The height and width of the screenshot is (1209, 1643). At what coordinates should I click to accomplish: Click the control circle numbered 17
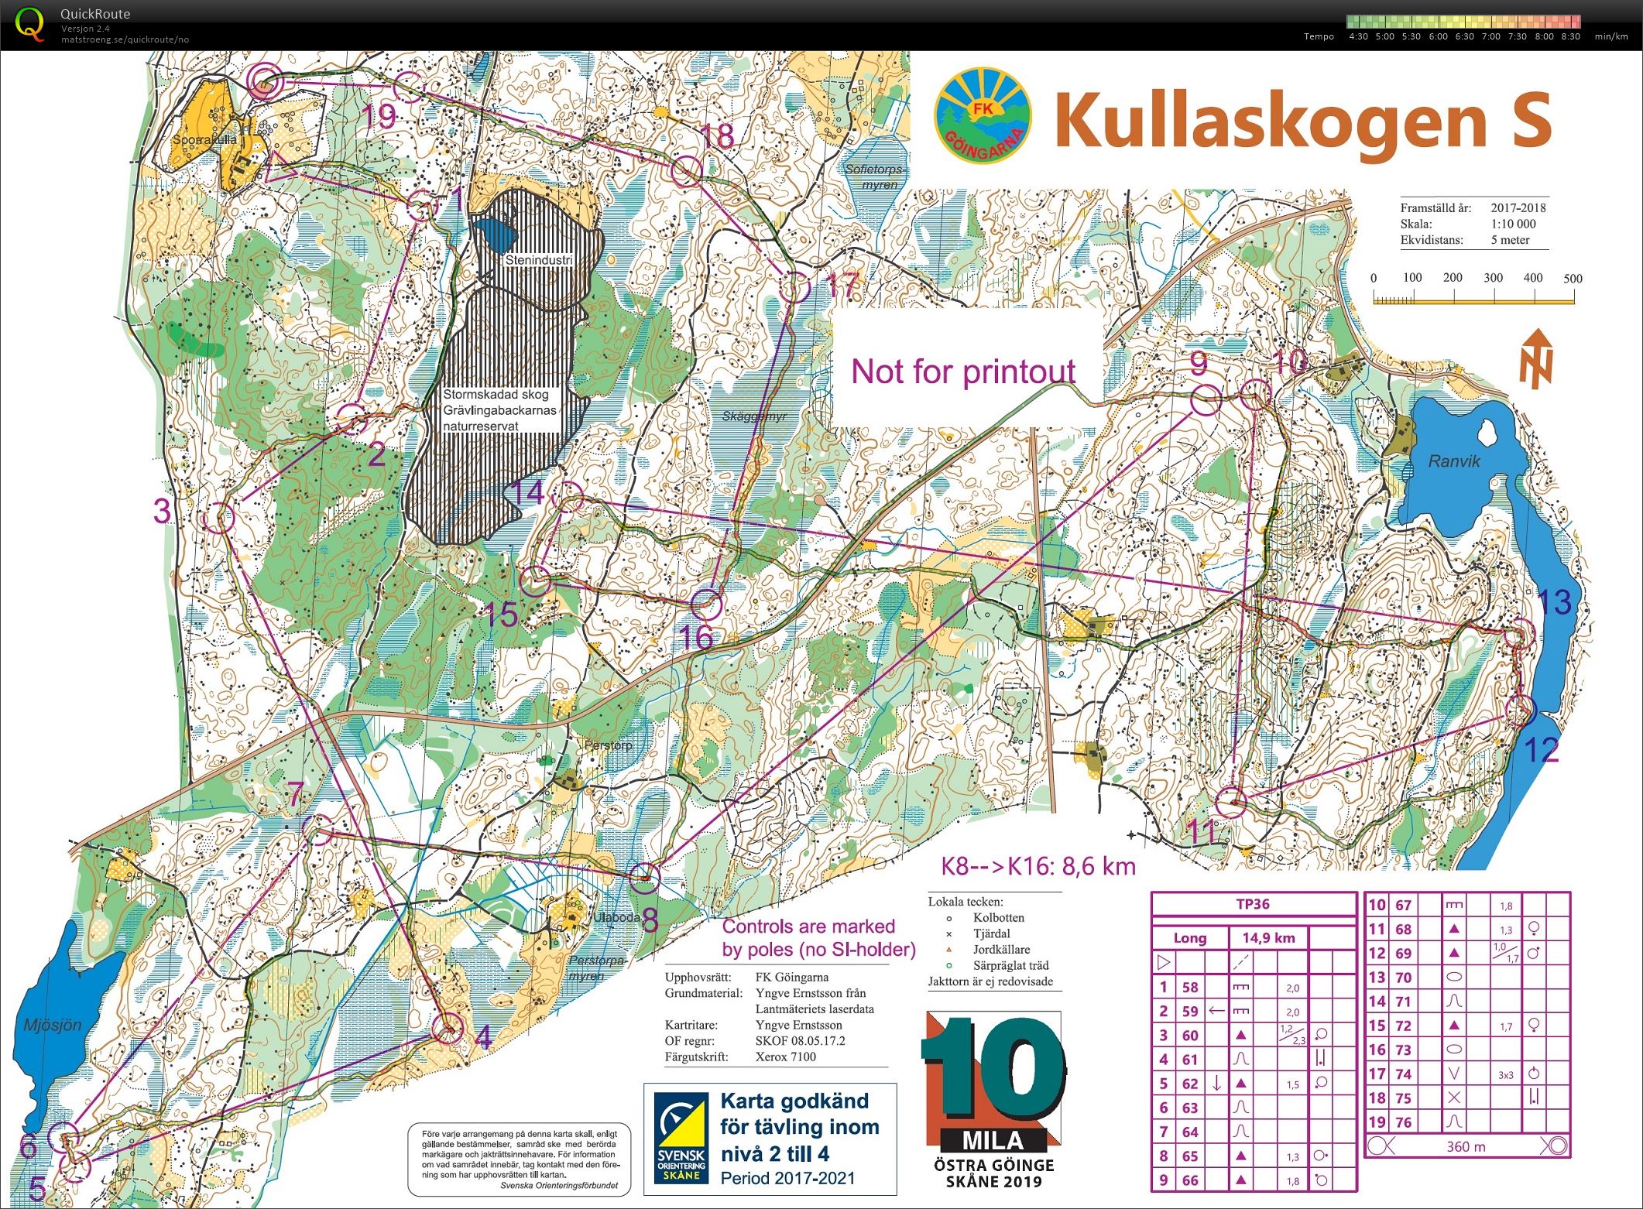pos(794,288)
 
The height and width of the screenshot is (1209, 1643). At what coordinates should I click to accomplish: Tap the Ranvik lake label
pos(1453,461)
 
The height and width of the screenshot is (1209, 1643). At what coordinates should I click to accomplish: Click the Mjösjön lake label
pos(52,1025)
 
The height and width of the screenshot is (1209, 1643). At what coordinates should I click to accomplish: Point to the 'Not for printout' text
pos(963,372)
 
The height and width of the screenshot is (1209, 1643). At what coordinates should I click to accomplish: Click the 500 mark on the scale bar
pos(1573,279)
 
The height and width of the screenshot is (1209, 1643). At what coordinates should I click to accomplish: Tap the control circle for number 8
pos(644,877)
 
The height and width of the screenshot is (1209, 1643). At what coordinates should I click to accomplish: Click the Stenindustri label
pos(538,260)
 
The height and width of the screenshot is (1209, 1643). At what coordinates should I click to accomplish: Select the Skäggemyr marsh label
pos(753,416)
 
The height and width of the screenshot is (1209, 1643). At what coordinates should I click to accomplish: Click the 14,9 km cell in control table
pos(1268,938)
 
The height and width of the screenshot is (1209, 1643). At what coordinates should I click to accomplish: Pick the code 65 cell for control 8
pos(1189,1156)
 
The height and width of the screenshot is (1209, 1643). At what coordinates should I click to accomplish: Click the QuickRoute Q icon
pos(29,24)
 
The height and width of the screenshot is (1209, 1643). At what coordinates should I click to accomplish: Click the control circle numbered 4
pos(448,1029)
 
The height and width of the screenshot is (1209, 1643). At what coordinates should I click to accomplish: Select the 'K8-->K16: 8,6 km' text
pos(1038,865)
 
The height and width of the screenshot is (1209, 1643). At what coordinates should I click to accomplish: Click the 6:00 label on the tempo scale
pos(1438,36)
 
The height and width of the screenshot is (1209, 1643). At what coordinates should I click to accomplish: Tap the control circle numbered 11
pos(1230,803)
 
